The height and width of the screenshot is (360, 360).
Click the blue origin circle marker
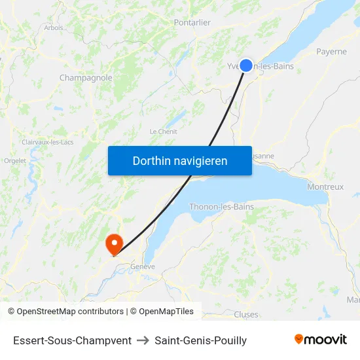246,65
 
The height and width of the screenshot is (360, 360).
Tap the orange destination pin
115,244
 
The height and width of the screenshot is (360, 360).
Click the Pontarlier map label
192,22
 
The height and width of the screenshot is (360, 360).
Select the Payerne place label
331,51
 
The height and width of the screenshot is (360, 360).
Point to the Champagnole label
86,78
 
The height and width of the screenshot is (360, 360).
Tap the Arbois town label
54,27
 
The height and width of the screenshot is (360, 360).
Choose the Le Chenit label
163,132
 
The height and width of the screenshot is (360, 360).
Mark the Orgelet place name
14,160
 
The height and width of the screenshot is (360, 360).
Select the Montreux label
325,187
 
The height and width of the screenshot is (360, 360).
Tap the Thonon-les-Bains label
221,207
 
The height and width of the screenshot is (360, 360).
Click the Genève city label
143,266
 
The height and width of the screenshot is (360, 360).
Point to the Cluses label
246,314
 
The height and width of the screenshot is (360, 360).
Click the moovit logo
321,339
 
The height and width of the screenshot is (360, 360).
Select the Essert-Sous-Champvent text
72,340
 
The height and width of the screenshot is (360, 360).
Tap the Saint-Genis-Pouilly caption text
201,340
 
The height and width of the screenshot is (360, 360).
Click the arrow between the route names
143,340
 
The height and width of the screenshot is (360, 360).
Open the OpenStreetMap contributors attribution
66,312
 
